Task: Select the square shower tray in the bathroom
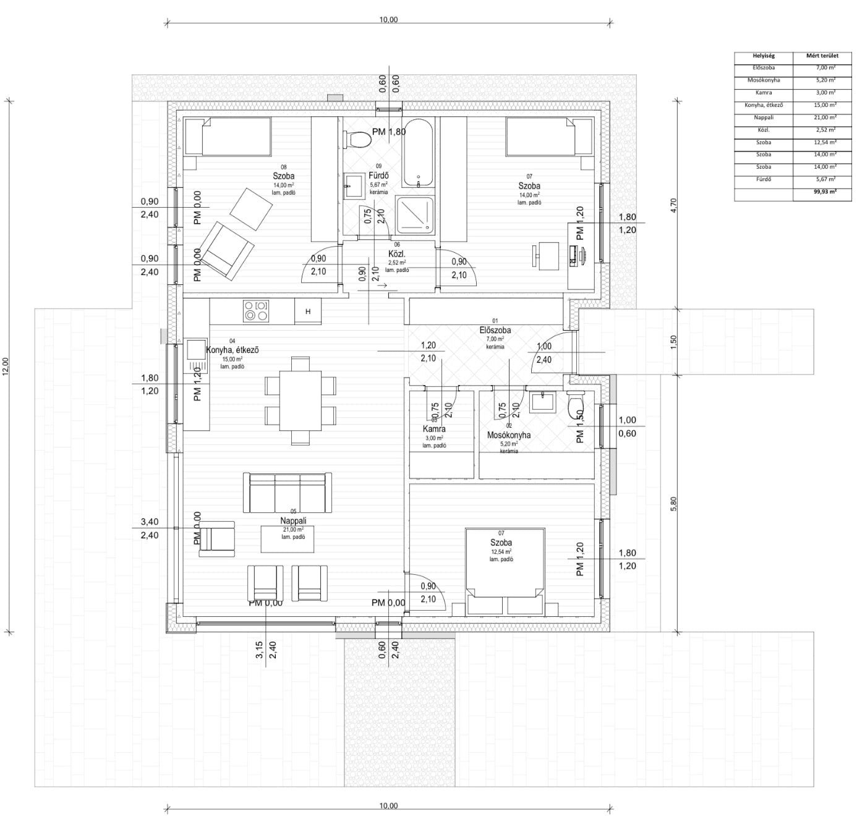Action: (x=415, y=214)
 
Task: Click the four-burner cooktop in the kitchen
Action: (x=256, y=311)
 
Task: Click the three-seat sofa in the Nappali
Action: (x=287, y=492)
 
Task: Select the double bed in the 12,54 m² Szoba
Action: (x=505, y=570)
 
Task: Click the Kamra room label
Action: (x=434, y=429)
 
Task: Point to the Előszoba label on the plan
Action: (x=495, y=331)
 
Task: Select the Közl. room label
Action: (x=396, y=254)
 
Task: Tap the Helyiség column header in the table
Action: (x=764, y=56)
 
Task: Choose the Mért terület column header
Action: (x=822, y=56)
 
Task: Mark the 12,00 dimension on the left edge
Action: (x=7, y=366)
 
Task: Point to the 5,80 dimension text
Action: (x=674, y=504)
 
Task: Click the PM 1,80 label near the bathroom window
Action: (x=389, y=132)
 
